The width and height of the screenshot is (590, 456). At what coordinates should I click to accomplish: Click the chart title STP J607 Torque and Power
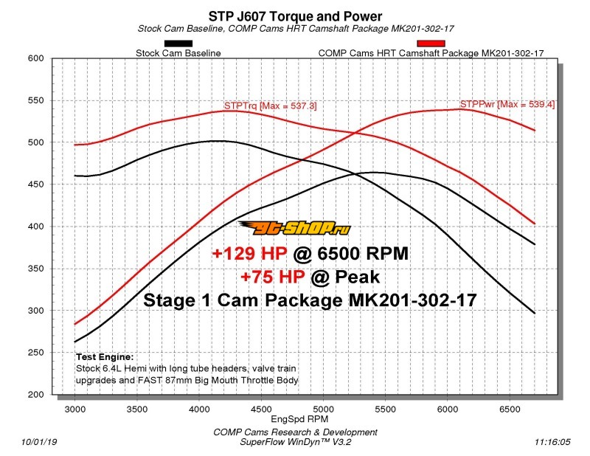click(x=295, y=15)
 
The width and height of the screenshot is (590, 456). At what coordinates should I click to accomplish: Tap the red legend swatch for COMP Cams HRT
click(x=431, y=43)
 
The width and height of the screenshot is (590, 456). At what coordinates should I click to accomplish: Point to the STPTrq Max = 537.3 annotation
click(x=270, y=106)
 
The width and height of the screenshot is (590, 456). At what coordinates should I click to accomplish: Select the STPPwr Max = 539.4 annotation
click(x=507, y=105)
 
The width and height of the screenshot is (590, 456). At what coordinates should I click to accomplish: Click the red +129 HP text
click(x=251, y=255)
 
